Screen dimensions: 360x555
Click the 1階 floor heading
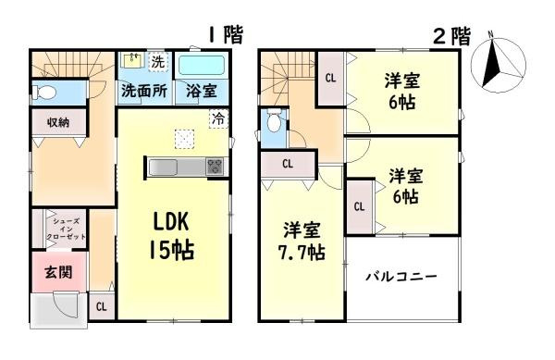click(x=224, y=35)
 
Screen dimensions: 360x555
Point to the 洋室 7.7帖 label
click(x=303, y=239)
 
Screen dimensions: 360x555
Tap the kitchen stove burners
click(x=215, y=167)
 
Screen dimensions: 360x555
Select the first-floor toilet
click(x=43, y=92)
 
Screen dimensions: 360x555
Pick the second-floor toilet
click(x=273, y=123)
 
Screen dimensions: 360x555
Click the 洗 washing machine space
click(x=157, y=61)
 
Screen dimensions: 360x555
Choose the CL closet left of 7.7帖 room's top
click(x=287, y=164)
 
